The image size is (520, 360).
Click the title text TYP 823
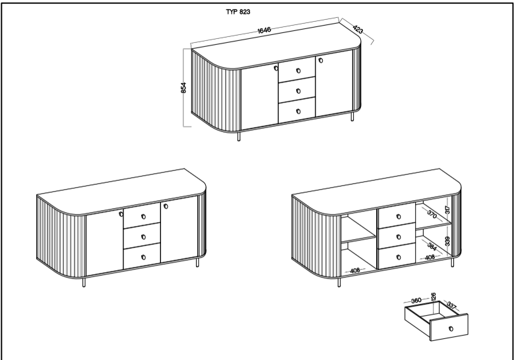[x=238, y=12]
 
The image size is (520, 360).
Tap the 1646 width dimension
[x=265, y=30]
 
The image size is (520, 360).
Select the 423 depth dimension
[x=358, y=30]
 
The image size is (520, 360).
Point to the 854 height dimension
[x=183, y=88]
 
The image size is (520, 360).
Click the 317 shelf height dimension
[x=447, y=210]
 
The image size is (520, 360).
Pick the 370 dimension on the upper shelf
[x=432, y=214]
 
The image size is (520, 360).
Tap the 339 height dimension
[x=447, y=241]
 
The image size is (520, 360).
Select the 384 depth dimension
[x=432, y=247]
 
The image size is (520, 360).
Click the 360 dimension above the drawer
[x=416, y=301]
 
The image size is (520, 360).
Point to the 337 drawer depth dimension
[x=451, y=305]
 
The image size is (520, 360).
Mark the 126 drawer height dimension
[x=433, y=297]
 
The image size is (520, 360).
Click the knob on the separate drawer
[x=451, y=329]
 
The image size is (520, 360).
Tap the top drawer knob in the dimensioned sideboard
[x=298, y=71]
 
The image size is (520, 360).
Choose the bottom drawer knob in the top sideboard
[x=298, y=111]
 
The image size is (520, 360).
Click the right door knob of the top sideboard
[x=321, y=61]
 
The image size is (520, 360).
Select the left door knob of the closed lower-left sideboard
[x=121, y=214]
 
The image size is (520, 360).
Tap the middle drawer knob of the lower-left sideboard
[x=143, y=237]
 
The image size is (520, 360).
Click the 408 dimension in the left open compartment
[x=355, y=270]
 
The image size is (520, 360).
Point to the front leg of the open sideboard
[x=339, y=282]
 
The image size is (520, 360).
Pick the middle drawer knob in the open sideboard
[x=399, y=237]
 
